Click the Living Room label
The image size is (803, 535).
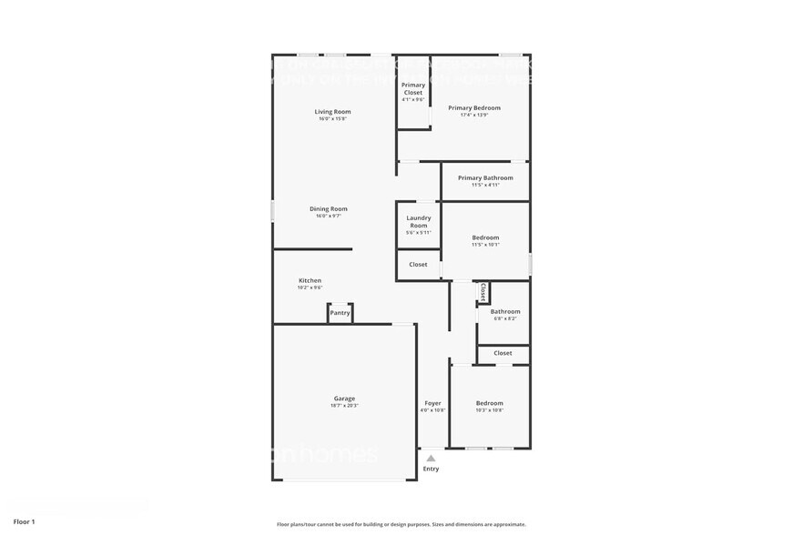tap(334, 112)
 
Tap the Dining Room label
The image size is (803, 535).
tap(329, 209)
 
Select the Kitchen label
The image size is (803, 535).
tap(310, 280)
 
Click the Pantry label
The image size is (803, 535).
tap(340, 313)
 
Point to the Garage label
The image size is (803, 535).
tap(344, 399)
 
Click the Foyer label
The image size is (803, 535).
tap(432, 403)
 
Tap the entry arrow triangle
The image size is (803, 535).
tap(431, 459)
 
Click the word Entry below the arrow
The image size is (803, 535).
tap(431, 469)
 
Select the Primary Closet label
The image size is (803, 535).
tap(413, 88)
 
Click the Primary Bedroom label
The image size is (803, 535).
tap(474, 108)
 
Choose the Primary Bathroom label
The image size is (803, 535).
tap(485, 178)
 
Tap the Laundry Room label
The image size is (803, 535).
tap(419, 221)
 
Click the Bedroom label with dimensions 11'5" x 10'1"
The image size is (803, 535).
tap(485, 238)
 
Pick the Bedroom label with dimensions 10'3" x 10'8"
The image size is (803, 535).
tap(489, 403)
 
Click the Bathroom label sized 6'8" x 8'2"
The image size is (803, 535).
tap(505, 311)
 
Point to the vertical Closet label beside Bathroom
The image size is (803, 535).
tap(483, 291)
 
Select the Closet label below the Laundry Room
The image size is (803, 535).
tap(418, 265)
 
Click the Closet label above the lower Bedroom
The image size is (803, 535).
tap(503, 353)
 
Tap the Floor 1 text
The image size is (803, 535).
tap(24, 521)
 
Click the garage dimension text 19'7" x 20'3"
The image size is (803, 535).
tap(344, 406)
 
